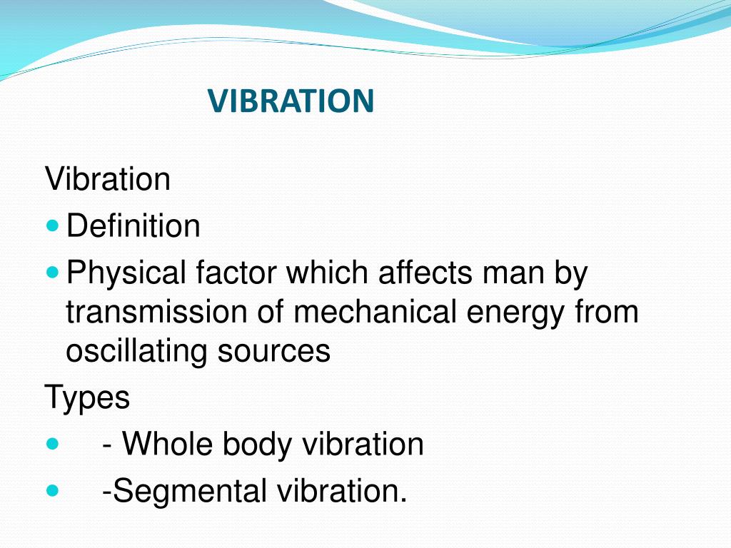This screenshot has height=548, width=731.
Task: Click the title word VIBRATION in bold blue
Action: (x=291, y=101)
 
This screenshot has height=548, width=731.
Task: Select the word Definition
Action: (x=133, y=227)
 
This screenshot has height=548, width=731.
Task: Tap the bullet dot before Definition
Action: (x=53, y=225)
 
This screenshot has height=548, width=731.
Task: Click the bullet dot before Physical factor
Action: (x=53, y=273)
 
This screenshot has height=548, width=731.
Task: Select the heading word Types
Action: (x=88, y=397)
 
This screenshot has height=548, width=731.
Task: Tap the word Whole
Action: (x=168, y=445)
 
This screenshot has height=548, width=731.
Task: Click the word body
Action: (x=258, y=445)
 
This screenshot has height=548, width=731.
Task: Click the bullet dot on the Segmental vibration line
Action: (x=53, y=491)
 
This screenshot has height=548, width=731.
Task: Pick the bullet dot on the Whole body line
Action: (x=53, y=444)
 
